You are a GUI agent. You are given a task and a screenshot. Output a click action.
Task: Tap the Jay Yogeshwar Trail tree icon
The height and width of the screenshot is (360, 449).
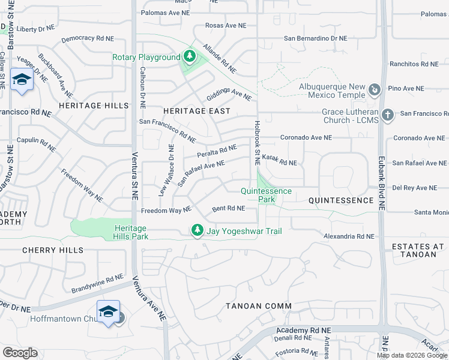click(x=197, y=230)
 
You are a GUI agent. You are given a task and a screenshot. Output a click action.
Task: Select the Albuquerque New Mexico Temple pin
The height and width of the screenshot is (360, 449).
click(x=375, y=90)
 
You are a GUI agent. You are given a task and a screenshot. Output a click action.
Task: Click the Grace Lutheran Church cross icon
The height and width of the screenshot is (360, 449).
click(x=388, y=115)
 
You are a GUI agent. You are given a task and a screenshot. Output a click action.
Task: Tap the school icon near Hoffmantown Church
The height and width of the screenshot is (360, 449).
click(x=108, y=311)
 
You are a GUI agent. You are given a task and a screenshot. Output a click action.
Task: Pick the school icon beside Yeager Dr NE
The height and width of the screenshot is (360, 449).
click(x=22, y=80)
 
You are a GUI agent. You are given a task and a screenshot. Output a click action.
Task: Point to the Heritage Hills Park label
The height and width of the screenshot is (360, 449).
click(x=130, y=232)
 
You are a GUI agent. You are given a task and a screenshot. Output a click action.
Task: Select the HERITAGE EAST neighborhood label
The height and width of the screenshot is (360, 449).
click(x=196, y=111)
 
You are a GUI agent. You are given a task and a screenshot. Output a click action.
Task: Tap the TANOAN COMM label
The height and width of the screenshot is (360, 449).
click(x=259, y=306)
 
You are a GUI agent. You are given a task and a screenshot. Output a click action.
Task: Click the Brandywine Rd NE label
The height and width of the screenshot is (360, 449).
click(x=97, y=283)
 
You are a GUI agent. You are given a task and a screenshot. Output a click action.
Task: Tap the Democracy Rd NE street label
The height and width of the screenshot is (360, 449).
click(x=88, y=38)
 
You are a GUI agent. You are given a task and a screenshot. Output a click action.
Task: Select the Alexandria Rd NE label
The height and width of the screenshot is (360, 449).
click(x=349, y=236)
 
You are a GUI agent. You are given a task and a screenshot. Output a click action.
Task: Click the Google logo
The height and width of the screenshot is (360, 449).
click(x=20, y=353)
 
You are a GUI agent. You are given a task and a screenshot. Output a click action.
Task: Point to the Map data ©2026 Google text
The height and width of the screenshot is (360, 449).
click(x=412, y=355)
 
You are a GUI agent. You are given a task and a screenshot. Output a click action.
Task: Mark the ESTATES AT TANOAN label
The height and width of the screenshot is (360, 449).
click(x=418, y=250)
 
